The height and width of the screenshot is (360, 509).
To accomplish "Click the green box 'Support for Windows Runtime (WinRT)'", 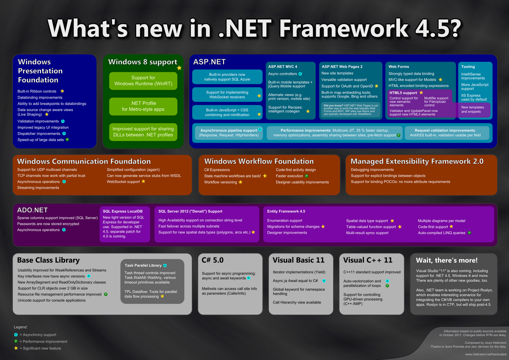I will [143, 81].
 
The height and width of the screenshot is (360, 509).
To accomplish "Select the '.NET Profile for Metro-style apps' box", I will [143, 106].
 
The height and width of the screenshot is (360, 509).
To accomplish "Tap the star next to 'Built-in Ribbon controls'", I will [62, 91].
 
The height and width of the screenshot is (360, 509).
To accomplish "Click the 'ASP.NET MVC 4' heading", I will [282, 67].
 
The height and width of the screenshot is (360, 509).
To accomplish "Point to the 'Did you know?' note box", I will [351, 110].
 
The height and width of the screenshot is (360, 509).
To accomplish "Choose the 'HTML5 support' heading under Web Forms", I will [403, 93].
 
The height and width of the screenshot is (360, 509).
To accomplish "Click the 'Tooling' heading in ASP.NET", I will [468, 67].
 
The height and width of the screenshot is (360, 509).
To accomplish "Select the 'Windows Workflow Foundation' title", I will [259, 161].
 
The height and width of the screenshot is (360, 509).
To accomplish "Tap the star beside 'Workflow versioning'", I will [241, 182].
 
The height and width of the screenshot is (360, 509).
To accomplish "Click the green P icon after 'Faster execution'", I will [307, 176].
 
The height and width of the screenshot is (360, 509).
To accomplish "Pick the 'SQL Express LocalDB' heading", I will [122, 211].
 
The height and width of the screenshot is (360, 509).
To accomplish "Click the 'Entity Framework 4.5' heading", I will [286, 211].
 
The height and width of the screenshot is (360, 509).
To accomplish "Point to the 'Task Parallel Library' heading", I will [143, 265].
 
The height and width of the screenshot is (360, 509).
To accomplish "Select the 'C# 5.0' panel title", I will [213, 260].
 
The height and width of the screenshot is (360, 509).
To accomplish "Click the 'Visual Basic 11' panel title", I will [298, 260].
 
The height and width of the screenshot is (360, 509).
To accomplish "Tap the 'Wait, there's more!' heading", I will [447, 260].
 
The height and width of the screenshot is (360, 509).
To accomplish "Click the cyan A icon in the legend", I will [16, 335].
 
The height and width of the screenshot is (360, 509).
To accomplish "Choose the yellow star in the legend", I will [16, 348].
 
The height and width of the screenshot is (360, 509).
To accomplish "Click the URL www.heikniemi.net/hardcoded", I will [485, 354].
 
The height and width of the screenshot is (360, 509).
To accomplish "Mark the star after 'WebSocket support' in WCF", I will [143, 181].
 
